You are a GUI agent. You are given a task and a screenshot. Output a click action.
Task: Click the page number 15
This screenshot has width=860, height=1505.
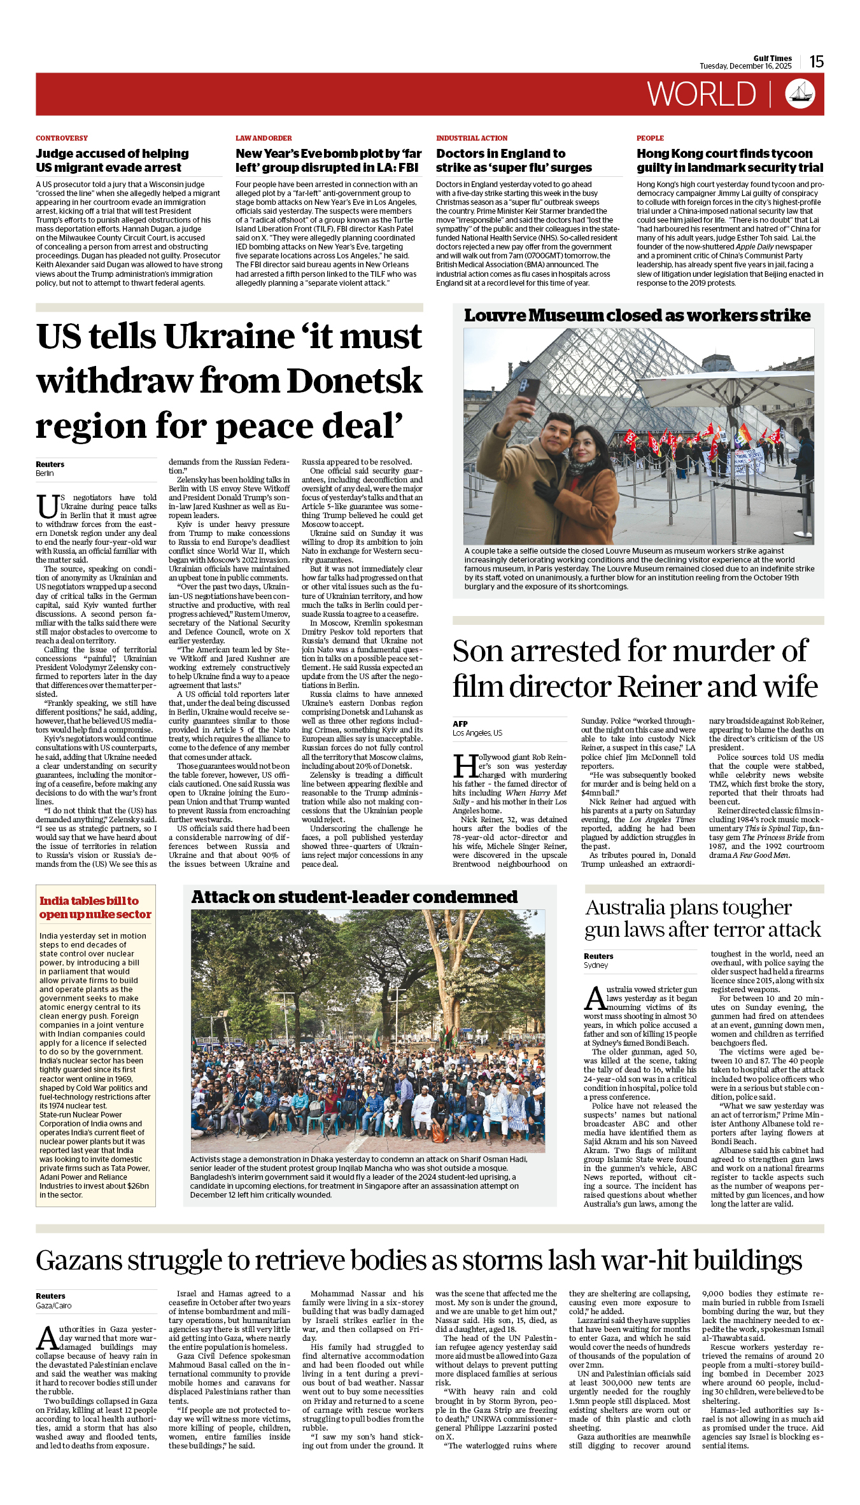[816, 62]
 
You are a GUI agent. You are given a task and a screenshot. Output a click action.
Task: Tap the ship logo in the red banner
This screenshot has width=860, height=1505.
[800, 94]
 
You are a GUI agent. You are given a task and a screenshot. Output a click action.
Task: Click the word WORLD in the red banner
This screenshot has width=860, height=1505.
[701, 94]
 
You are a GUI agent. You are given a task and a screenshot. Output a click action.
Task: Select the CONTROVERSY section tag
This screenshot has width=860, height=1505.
[62, 138]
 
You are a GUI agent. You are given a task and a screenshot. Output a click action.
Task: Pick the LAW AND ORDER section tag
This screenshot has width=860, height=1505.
[264, 138]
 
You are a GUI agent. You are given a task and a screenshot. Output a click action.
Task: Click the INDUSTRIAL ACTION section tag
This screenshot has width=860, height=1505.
[472, 138]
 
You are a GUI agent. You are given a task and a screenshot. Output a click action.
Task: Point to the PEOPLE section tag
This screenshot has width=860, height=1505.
[650, 138]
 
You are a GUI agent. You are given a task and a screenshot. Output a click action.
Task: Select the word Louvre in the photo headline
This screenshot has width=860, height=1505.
[495, 316]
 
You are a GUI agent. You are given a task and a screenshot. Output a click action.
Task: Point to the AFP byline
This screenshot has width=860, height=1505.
[460, 724]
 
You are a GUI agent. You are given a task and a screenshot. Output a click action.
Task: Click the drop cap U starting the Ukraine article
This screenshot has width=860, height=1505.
[47, 507]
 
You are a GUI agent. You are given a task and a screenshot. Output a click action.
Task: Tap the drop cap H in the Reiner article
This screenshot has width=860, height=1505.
[465, 766]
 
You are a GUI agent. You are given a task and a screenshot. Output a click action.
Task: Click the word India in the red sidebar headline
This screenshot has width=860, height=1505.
[54, 901]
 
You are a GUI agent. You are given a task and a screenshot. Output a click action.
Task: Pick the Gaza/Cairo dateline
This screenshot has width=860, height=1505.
[53, 1305]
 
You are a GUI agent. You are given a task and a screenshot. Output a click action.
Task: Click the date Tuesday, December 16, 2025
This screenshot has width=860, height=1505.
[745, 66]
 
